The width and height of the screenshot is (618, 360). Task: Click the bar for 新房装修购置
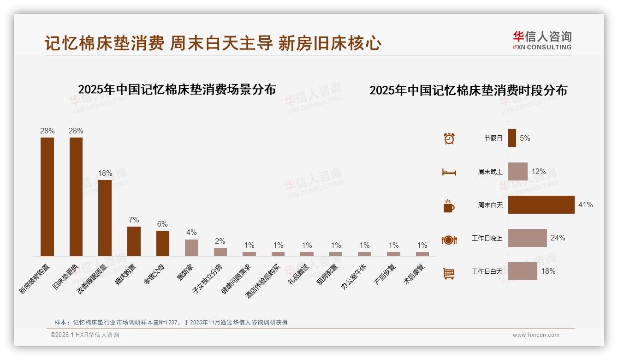click(x=47, y=197)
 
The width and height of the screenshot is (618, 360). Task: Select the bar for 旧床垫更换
click(x=76, y=197)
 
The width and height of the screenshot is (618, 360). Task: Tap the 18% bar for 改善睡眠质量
click(x=105, y=218)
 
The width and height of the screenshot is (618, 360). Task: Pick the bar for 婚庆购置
click(x=134, y=241)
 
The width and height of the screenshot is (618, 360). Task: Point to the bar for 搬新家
click(x=191, y=247)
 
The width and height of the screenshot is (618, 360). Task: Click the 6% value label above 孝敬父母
click(x=162, y=224)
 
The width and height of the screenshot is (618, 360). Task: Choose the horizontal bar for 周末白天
click(x=541, y=204)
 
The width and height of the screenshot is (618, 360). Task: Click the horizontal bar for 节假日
click(x=512, y=138)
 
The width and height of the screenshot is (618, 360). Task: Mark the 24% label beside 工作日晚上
click(x=558, y=238)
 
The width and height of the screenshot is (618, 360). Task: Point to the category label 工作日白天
click(x=487, y=271)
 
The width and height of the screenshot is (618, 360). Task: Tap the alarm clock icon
click(x=449, y=138)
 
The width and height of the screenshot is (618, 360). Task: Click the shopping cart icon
click(x=449, y=273)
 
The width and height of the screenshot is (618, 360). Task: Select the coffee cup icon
click(x=449, y=206)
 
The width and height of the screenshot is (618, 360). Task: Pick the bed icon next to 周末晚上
click(x=449, y=172)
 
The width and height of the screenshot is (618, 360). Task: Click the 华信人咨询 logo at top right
click(x=542, y=40)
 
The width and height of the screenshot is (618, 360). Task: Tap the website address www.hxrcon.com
click(x=536, y=335)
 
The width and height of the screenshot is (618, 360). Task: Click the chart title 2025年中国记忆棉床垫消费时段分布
click(x=468, y=90)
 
